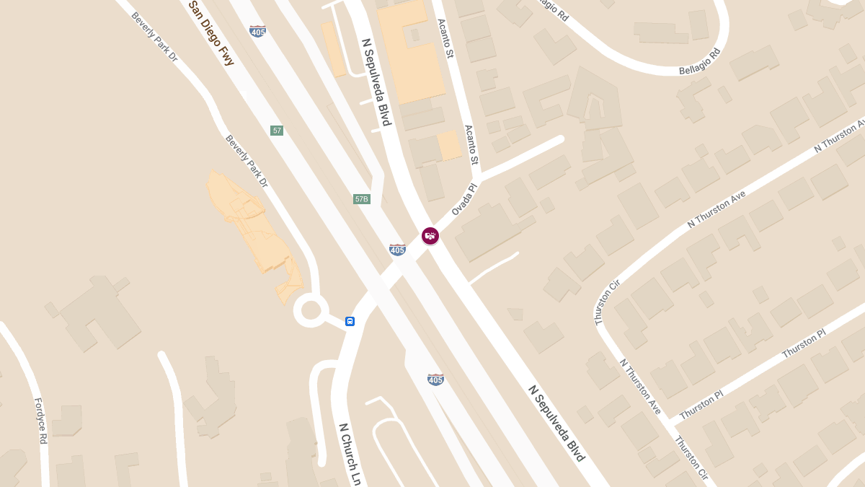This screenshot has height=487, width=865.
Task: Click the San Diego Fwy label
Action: [x=211, y=33]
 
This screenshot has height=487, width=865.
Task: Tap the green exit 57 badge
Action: [x=277, y=131]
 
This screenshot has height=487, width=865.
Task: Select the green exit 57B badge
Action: [x=362, y=199]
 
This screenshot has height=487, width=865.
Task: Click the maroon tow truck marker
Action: [x=430, y=236]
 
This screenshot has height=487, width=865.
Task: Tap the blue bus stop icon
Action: [x=350, y=321]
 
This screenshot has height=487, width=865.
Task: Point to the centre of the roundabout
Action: [x=311, y=311]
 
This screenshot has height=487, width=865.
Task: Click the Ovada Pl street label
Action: [x=464, y=199]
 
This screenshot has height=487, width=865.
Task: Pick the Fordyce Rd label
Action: [x=40, y=420]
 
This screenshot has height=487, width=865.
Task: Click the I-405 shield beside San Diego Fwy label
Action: [x=257, y=31]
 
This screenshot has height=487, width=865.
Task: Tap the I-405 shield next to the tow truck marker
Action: [x=397, y=250]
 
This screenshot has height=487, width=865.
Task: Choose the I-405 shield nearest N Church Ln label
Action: [x=435, y=379]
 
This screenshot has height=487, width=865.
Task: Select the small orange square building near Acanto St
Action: [x=450, y=145]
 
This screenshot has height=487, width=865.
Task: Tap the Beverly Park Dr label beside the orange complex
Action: [x=247, y=161]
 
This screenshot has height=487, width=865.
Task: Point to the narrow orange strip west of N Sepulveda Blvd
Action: [x=334, y=49]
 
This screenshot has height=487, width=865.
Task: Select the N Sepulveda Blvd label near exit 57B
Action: [x=376, y=82]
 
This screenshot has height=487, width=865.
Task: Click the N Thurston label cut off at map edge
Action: [x=840, y=136]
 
